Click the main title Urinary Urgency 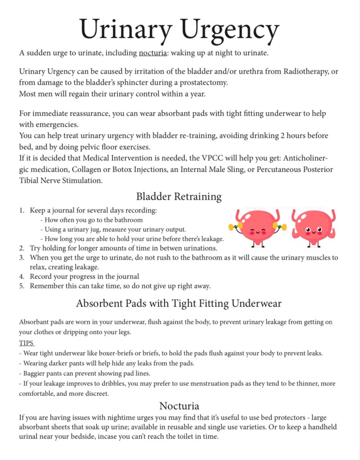pyautogui.click(x=179, y=30)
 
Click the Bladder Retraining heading pyautogui.click(x=179, y=196)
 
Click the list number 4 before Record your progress pyautogui.click(x=22, y=276)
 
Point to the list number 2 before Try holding pyautogui.click(x=22, y=248)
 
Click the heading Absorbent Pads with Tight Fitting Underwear pyautogui.click(x=179, y=303)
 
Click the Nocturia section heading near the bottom pyautogui.click(x=179, y=406)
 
